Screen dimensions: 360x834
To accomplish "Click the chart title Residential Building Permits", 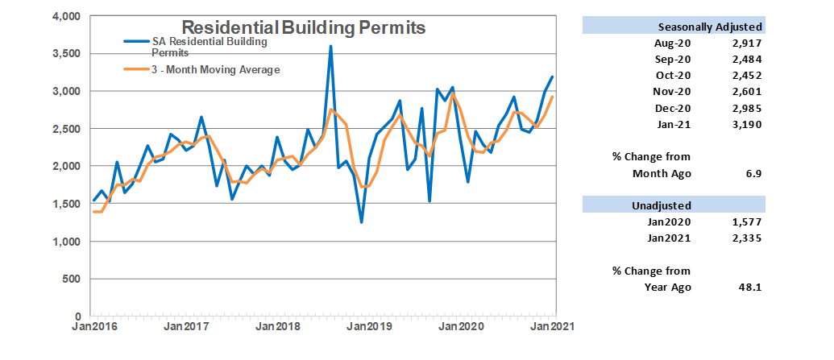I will click(x=303, y=28).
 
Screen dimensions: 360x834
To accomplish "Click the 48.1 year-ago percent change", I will click(x=751, y=287).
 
